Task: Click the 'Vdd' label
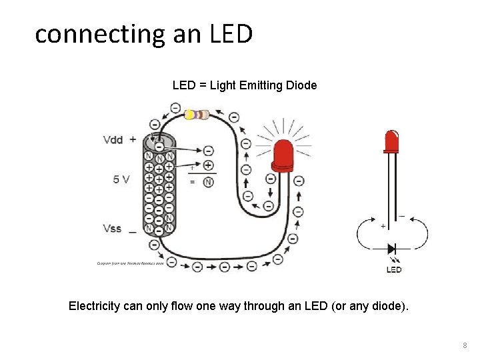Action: (113, 140)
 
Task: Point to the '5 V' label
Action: (121, 179)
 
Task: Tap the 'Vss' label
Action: (113, 229)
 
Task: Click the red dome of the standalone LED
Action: (392, 140)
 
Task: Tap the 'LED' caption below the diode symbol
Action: (394, 269)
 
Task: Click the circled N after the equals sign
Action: (208, 182)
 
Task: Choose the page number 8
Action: (465, 346)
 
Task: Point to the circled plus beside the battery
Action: (208, 165)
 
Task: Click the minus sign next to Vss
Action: (132, 231)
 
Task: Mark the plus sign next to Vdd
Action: (133, 139)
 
